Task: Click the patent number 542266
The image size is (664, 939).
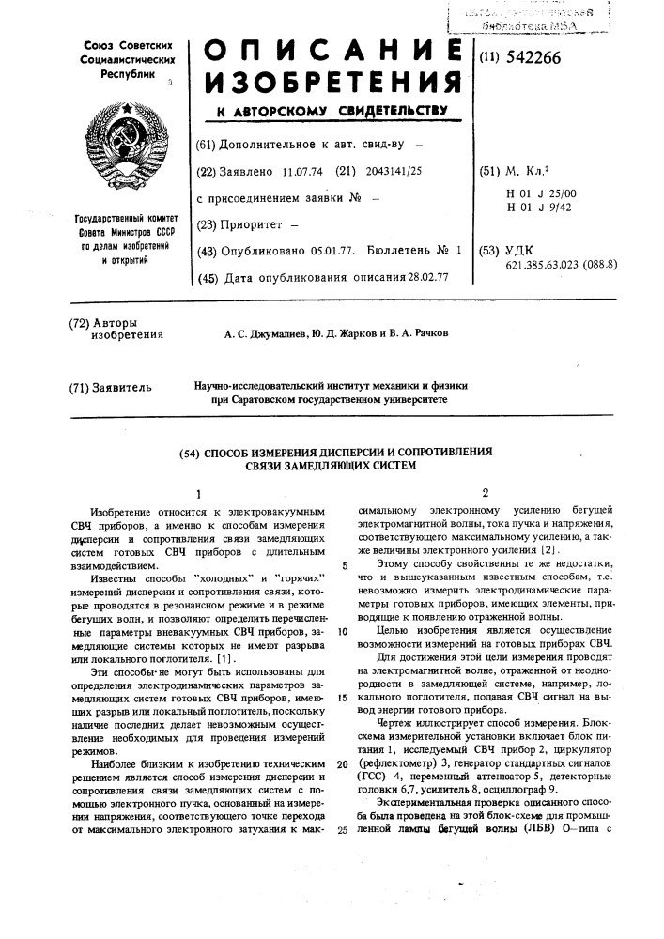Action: tap(533, 57)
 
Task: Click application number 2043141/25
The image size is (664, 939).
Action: tap(392, 173)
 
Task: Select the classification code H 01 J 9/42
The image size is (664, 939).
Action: tap(538, 208)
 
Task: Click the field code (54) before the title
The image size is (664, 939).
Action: tap(191, 453)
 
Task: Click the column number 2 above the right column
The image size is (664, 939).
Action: tap(485, 492)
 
